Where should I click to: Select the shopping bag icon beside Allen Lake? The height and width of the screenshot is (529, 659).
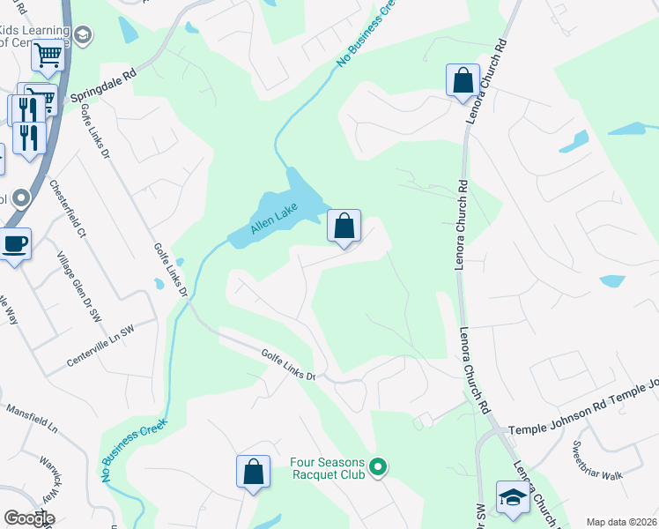pos(344,227)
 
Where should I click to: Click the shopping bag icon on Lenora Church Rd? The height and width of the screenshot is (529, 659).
pos(463,81)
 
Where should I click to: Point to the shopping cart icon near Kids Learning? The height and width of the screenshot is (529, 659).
pos(48,56)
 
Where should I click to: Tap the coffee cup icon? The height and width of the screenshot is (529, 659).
pos(15,244)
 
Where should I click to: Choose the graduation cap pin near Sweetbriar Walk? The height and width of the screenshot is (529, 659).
pos(512,497)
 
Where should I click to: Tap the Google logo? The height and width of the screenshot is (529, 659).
pos(28,518)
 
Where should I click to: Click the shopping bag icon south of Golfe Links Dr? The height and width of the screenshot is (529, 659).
pos(253,471)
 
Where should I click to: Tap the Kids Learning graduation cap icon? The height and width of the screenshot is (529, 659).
pos(83,34)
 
